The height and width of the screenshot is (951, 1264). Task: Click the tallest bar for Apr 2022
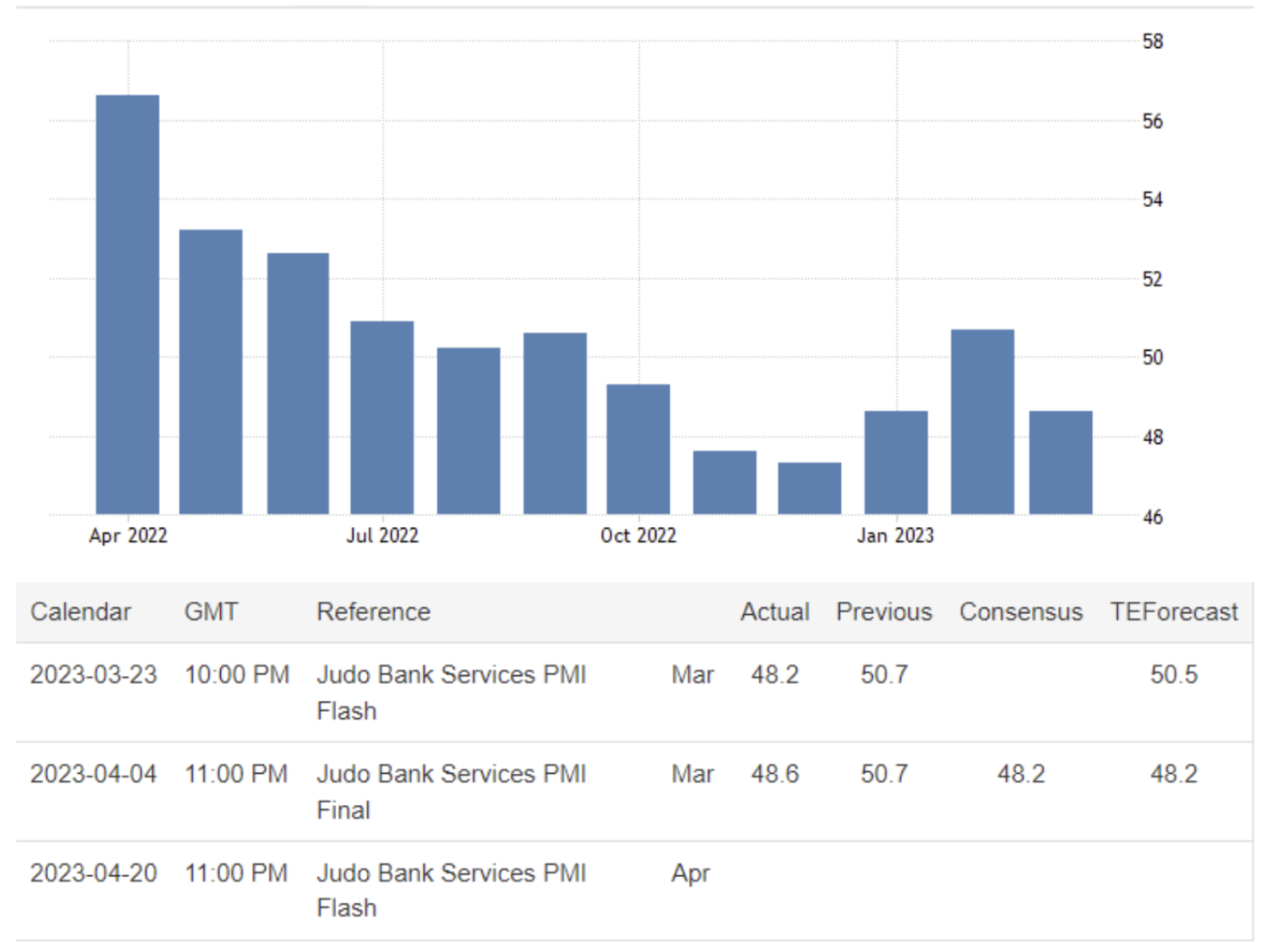tap(127, 304)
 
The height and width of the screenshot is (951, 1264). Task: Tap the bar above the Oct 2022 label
tap(638, 449)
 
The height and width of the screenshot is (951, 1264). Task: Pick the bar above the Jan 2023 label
tap(896, 463)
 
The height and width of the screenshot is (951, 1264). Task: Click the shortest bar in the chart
tap(809, 488)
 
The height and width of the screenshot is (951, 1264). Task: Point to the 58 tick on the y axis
tap(1152, 41)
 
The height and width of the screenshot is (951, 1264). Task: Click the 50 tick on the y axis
tap(1152, 358)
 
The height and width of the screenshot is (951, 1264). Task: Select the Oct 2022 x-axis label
tap(638, 536)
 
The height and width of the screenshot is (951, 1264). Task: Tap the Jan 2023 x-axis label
tap(895, 536)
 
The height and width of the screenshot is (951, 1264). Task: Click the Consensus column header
tap(1021, 612)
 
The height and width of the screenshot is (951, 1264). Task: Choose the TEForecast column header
tap(1173, 612)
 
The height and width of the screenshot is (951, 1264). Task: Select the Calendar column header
tap(81, 612)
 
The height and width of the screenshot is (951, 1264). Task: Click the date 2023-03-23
tap(94, 675)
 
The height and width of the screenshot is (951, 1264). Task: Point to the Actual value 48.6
tap(775, 774)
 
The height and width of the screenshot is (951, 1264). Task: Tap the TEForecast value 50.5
tap(1174, 675)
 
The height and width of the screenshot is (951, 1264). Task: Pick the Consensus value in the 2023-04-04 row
tap(1021, 774)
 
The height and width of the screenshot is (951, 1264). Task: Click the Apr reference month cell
tap(690, 874)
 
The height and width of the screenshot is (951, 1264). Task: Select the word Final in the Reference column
tap(343, 810)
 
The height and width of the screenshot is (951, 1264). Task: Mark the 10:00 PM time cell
tap(236, 675)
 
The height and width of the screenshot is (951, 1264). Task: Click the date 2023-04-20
tap(94, 874)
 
